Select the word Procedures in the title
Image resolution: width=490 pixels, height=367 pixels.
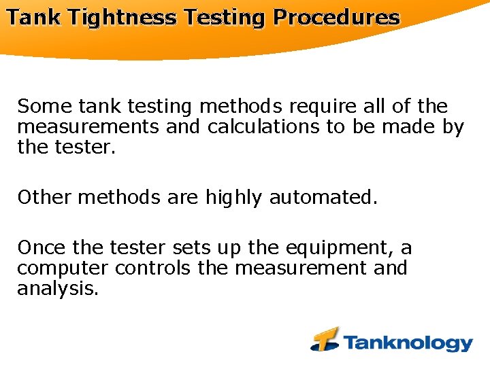click(336, 18)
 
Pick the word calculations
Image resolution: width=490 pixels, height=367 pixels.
click(265, 126)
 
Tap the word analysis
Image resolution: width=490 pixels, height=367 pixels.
click(58, 289)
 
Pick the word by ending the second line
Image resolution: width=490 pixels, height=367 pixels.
click(453, 127)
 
